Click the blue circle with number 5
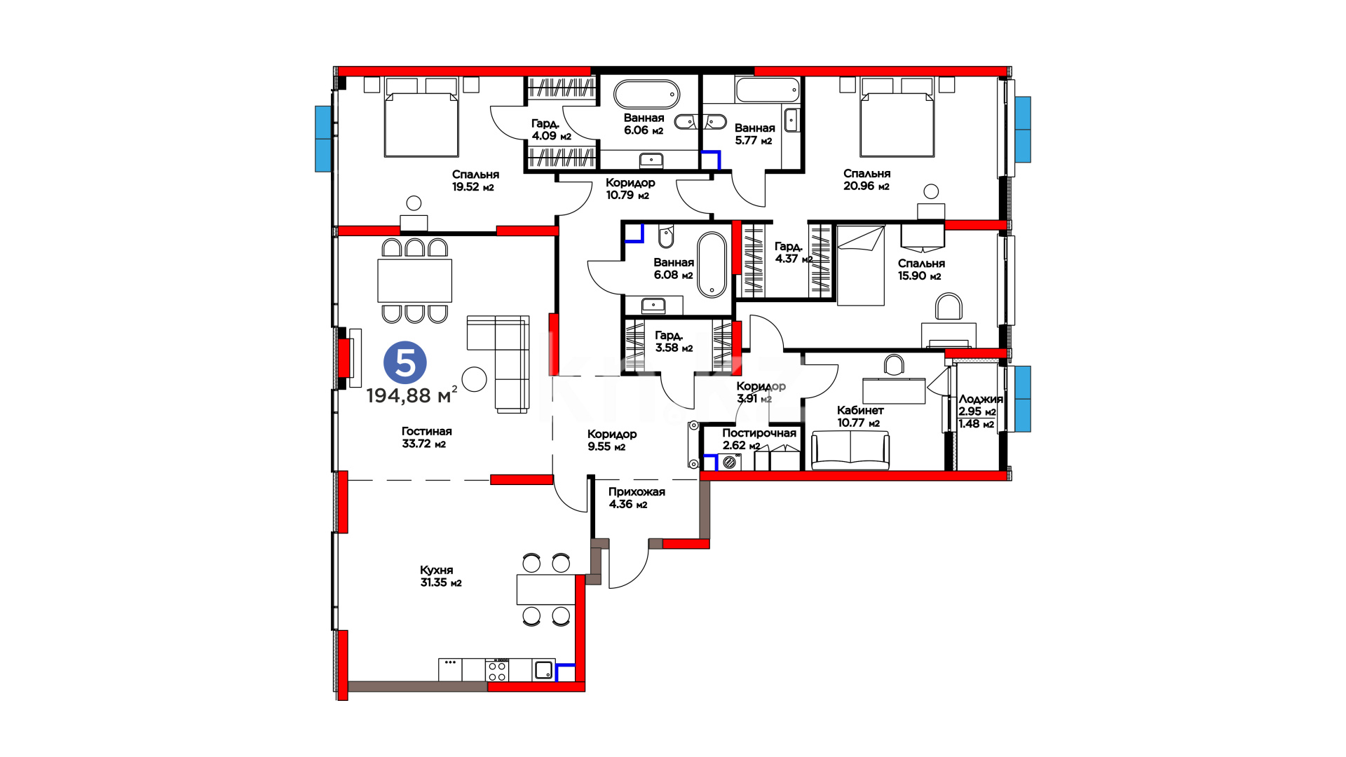405,363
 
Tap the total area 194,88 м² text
412,395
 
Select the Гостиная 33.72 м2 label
426,437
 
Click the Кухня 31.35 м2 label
440,576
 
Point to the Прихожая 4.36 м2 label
637,498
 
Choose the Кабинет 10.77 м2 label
859,416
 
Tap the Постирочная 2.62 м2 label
759,439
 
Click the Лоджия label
980,399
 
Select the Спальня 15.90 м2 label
921,269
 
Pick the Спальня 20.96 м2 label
866,179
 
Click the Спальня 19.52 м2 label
475,181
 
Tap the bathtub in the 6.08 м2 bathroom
712,265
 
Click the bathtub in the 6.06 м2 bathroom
646,94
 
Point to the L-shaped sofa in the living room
498,363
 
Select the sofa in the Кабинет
850,450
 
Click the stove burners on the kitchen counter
497,670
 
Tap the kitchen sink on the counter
544,670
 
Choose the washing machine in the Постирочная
730,462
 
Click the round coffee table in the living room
475,379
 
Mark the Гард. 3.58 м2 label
674,341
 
